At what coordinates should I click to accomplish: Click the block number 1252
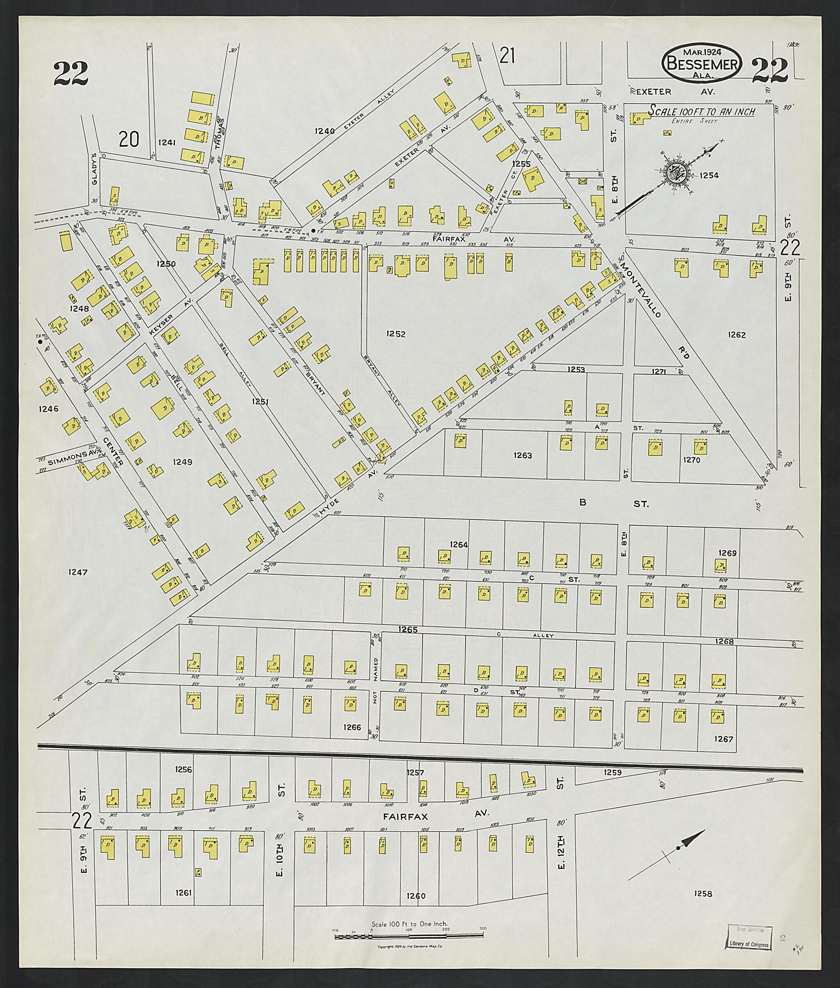(x=396, y=334)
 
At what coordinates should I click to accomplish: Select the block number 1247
(x=78, y=572)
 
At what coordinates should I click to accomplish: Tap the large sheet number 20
(x=129, y=140)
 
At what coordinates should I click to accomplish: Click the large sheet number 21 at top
(x=508, y=57)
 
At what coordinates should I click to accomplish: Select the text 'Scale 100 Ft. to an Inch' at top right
(x=702, y=112)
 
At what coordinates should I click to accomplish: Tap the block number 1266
(x=352, y=727)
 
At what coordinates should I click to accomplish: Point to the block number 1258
(x=703, y=894)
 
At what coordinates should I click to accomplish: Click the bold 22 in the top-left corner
(x=71, y=74)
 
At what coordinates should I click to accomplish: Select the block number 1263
(x=523, y=455)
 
